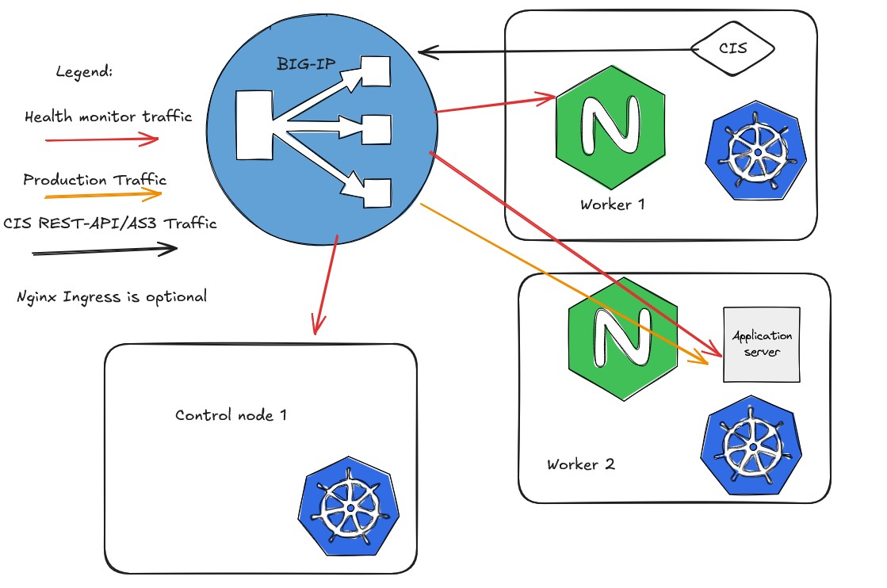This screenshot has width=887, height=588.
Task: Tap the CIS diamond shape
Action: pyautogui.click(x=732, y=49)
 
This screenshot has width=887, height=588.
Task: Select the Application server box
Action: pyautogui.click(x=761, y=344)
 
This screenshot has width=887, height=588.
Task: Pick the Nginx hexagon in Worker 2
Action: pyautogui.click(x=622, y=339)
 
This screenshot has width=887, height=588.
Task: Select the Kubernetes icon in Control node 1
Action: pyautogui.click(x=350, y=508)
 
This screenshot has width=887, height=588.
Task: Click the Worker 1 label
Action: pyautogui.click(x=613, y=204)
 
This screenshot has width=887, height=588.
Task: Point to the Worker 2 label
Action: pyautogui.click(x=581, y=464)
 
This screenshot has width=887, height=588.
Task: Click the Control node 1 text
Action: pyautogui.click(x=231, y=415)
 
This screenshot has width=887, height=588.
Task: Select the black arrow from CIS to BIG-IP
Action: pyautogui.click(x=555, y=52)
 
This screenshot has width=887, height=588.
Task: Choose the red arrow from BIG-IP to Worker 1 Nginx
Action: pyautogui.click(x=495, y=105)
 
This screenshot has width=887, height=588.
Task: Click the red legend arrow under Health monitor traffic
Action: pyautogui.click(x=103, y=140)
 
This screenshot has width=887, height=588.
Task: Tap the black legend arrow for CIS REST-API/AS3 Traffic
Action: pyautogui.click(x=105, y=251)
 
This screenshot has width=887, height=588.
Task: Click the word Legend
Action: pyautogui.click(x=84, y=72)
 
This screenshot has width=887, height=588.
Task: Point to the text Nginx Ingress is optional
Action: pyautogui.click(x=112, y=297)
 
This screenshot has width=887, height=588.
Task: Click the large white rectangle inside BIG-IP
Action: pyautogui.click(x=254, y=123)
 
